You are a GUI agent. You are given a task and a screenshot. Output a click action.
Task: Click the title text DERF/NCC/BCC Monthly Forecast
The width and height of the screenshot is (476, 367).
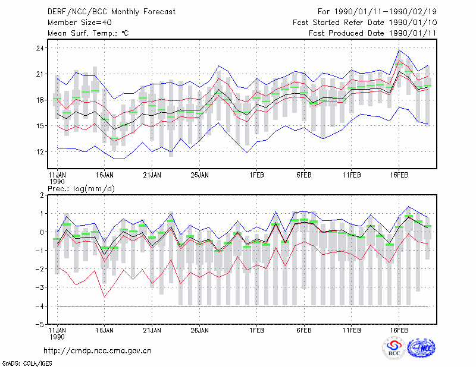click(111, 12)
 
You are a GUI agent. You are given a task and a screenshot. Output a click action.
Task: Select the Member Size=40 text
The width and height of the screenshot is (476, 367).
click(80, 23)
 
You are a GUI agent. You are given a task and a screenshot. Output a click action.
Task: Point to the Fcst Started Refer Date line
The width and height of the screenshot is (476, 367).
click(365, 23)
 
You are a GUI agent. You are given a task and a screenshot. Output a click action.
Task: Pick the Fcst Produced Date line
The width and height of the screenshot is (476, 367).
click(372, 33)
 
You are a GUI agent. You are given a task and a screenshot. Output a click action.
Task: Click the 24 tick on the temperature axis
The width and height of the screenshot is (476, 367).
click(40, 48)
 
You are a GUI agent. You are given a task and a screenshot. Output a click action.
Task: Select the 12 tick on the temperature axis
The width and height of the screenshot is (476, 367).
click(40, 152)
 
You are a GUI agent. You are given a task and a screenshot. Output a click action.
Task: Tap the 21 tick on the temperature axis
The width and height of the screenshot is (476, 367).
click(40, 74)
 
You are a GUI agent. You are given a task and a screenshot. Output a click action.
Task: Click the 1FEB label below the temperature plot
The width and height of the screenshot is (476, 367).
click(256, 175)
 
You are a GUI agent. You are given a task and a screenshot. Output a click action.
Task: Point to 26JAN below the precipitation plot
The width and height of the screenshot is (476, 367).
click(199, 330)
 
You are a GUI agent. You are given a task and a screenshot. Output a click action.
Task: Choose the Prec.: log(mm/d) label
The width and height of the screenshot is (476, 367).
click(81, 189)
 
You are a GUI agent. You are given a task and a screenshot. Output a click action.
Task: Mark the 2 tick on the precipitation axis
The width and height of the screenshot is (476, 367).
click(42, 195)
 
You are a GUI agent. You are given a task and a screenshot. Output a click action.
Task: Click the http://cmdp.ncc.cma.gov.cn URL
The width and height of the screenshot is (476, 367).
click(98, 351)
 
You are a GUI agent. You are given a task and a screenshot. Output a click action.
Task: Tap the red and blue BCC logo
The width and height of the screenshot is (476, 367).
click(394, 348)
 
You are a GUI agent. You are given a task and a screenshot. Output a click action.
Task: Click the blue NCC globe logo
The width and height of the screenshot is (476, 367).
click(421, 348)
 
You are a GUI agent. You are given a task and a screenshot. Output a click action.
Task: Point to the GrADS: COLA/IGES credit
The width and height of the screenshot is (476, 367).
click(27, 363)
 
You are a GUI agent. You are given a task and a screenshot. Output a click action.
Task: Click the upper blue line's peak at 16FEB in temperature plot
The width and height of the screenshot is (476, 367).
click(399, 50)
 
